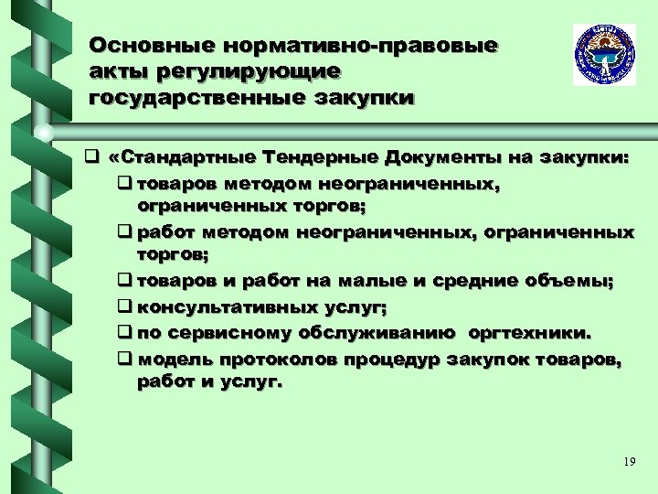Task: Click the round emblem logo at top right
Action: [604, 55]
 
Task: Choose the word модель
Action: [171, 360]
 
